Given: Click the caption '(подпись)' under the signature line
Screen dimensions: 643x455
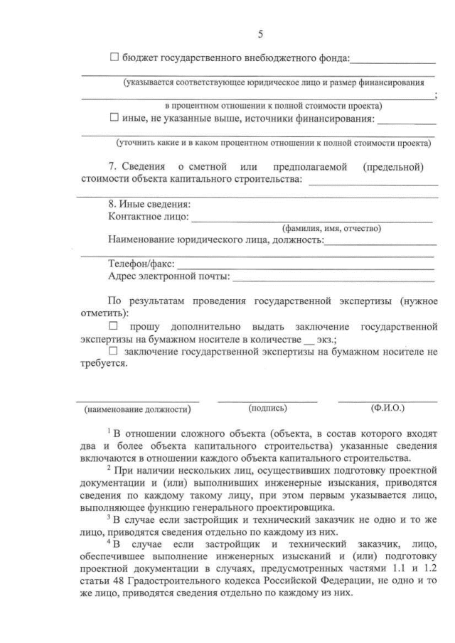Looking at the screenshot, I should tap(268, 409).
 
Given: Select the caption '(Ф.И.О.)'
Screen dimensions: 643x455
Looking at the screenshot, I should tap(387, 409).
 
